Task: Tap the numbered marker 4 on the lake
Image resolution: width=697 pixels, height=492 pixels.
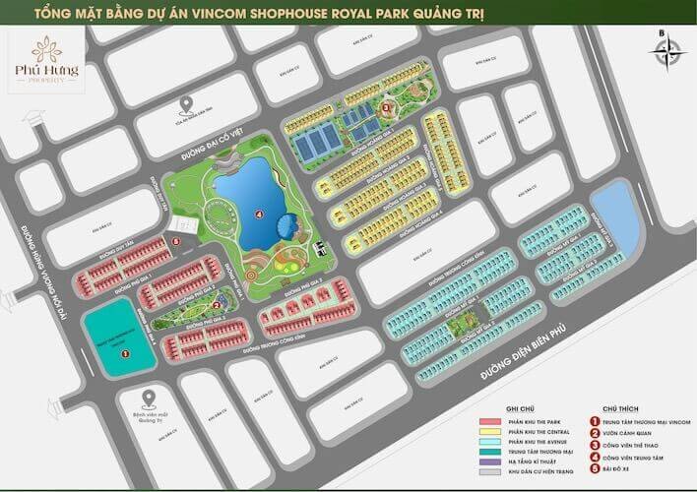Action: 259,212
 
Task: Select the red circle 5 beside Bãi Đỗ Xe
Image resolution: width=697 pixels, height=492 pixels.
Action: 596,466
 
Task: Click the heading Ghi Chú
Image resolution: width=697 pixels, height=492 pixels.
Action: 520,406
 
